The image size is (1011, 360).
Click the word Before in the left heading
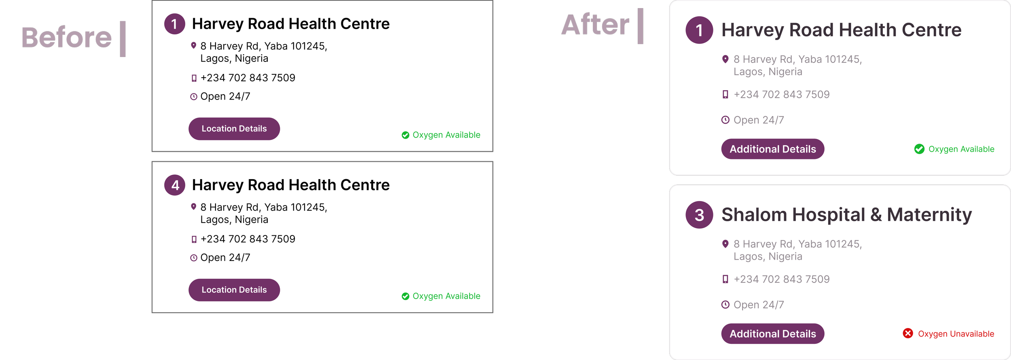pos(66,38)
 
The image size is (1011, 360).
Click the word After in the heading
pos(595,25)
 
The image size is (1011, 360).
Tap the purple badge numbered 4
pos(175,185)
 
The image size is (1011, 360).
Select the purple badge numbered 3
pos(699,215)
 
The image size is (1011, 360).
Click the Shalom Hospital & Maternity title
pos(846,215)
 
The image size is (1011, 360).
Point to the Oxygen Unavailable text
pos(956,334)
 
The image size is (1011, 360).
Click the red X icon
pos(908,333)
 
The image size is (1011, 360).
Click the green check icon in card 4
pos(405,296)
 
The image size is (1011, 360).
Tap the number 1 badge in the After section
pos(699,30)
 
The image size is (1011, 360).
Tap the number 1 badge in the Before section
pos(175,24)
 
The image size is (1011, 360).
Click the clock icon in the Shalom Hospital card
pos(725,305)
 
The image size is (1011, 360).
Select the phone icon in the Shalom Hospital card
pos(725,279)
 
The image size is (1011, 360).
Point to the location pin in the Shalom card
pos(725,244)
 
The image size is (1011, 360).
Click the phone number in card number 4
pos(248,239)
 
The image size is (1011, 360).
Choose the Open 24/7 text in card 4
pos(225,258)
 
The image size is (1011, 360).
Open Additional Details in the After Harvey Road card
pos(772,149)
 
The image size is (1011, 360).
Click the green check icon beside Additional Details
pos(919,149)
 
